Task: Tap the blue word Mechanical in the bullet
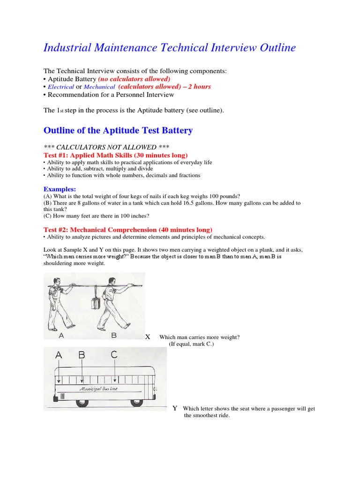tap(99, 87)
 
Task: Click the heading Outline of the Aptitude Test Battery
tap(118, 130)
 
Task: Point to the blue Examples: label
tap(60, 189)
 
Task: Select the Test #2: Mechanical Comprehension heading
tap(127, 230)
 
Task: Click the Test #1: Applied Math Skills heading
tap(115, 155)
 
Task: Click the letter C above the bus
tap(114, 355)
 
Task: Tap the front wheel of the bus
tap(136, 403)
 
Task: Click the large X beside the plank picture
tap(148, 337)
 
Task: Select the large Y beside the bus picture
tap(174, 408)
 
